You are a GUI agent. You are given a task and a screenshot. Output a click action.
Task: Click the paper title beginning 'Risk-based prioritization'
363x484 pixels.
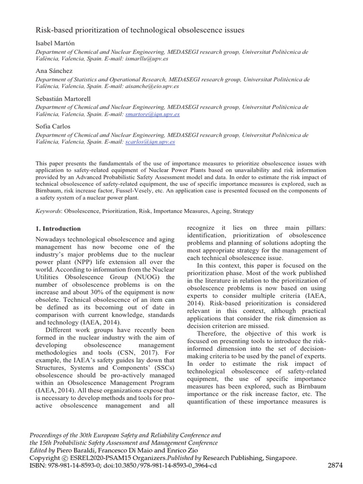click(140, 30)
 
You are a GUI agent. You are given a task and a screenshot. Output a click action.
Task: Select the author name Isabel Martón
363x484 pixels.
click(55, 43)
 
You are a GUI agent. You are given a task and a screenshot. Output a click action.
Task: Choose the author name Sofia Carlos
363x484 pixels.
click(53, 126)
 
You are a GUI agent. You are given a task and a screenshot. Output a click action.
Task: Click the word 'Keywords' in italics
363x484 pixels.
click(49, 211)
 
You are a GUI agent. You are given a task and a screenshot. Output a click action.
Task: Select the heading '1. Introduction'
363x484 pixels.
click(58, 229)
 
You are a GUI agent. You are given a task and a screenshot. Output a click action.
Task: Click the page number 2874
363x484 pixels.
click(335, 466)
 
